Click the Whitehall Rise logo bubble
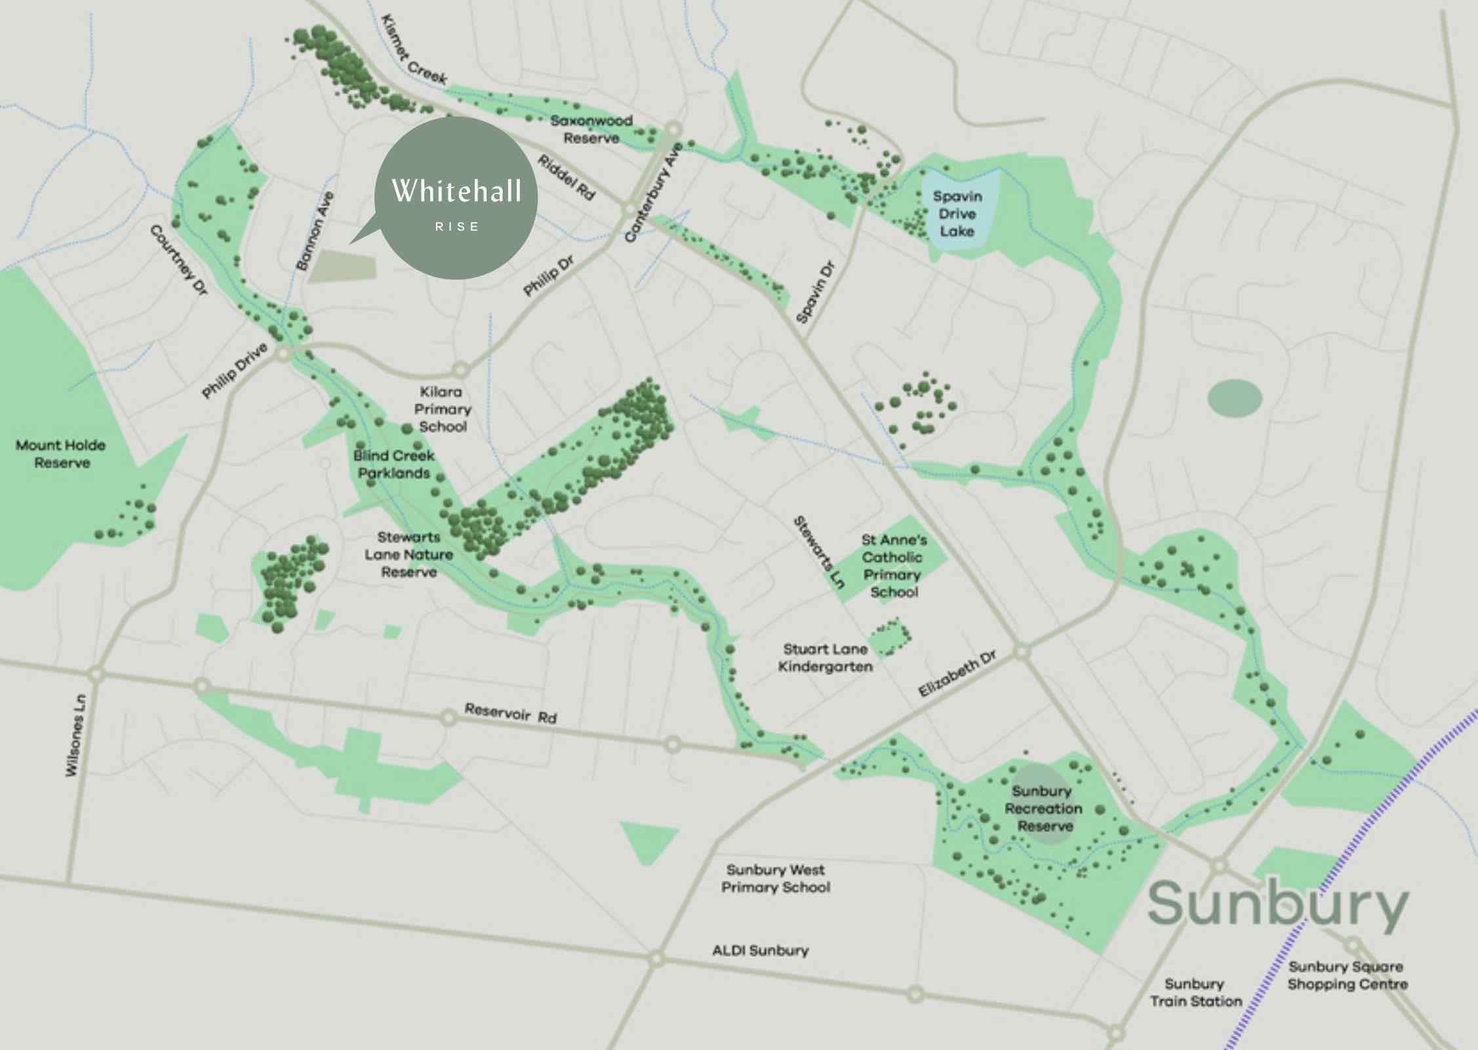click(x=456, y=198)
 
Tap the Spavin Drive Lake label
click(x=957, y=214)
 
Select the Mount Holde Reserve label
click(x=61, y=454)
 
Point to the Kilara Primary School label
click(x=443, y=409)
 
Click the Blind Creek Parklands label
click(x=393, y=464)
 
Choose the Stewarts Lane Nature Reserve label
click(x=409, y=554)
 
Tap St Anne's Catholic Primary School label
click(x=893, y=566)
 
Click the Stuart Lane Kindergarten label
click(x=825, y=657)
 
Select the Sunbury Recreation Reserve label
click(x=1043, y=808)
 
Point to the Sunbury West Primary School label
click(x=776, y=878)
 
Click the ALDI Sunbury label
click(x=761, y=950)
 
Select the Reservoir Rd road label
click(x=511, y=713)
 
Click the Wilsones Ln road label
click(x=75, y=735)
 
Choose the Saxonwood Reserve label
click(x=591, y=129)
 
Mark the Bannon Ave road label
click(x=314, y=231)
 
